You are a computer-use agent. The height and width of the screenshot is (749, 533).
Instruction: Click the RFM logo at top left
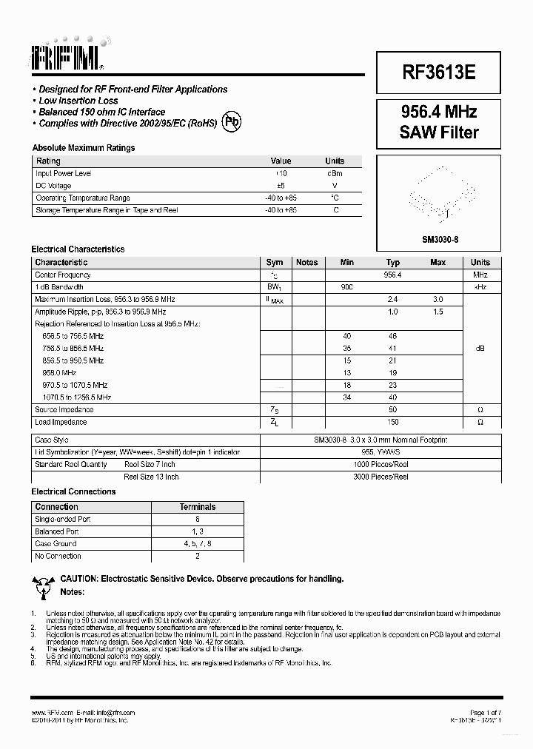(67, 53)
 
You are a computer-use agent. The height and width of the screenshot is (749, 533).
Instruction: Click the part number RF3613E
(439, 72)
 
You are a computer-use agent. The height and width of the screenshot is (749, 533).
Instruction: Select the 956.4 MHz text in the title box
(439, 112)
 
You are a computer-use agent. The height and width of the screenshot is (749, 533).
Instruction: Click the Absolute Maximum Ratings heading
(83, 148)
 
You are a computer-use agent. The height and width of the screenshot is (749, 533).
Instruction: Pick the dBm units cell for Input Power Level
(335, 173)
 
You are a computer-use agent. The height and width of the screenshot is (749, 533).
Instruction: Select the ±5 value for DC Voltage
(281, 186)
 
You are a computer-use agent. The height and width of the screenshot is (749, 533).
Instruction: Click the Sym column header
(275, 262)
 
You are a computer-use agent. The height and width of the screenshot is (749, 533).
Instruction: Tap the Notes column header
(306, 262)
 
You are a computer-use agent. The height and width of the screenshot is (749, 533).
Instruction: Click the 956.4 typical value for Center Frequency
(392, 275)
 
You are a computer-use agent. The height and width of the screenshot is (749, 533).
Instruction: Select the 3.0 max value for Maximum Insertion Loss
(438, 299)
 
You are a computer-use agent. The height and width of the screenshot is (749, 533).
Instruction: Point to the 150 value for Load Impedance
(392, 422)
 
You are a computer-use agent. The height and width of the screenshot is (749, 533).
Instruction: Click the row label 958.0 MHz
(60, 373)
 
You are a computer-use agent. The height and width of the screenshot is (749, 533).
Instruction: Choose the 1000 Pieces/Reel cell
(381, 464)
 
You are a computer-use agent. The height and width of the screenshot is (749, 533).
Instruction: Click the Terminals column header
(198, 507)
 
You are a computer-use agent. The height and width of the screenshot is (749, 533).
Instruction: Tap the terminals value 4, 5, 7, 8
(198, 544)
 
